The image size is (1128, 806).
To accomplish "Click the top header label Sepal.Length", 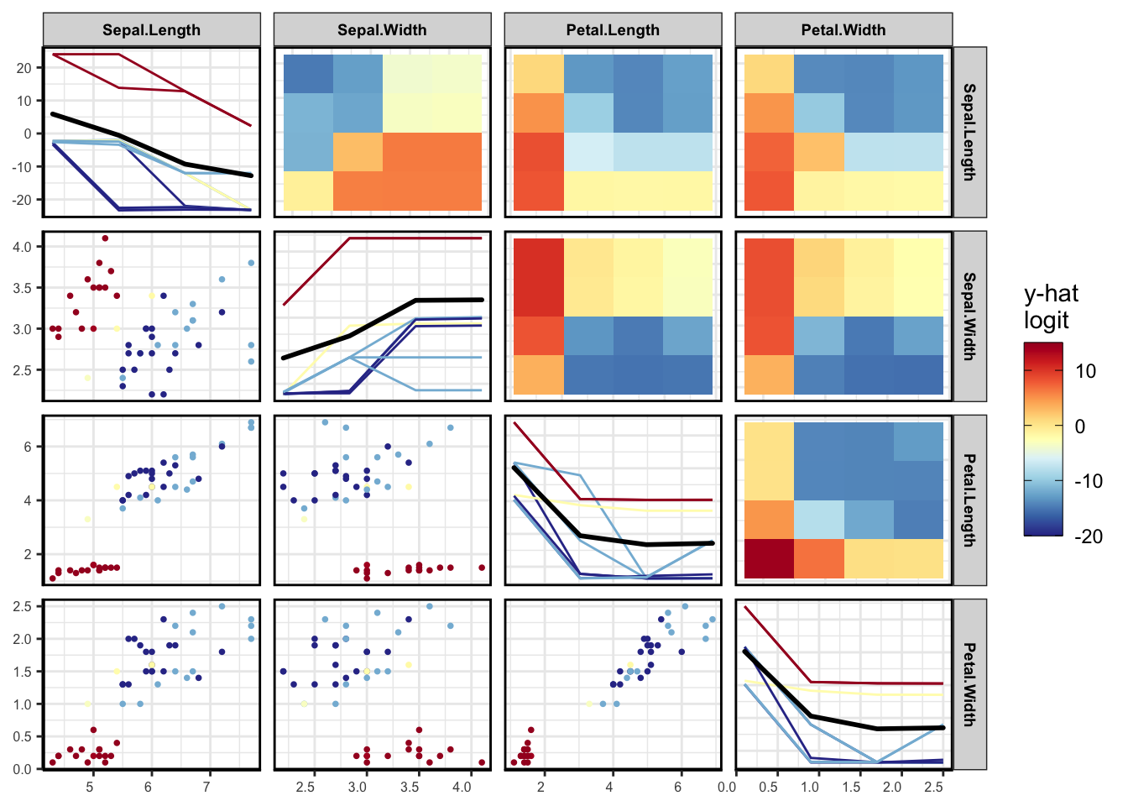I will [x=151, y=30].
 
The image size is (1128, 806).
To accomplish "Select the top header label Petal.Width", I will [x=843, y=30].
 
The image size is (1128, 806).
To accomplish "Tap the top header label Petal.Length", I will [x=613, y=30].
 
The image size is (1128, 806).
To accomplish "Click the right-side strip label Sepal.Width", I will [x=969, y=317].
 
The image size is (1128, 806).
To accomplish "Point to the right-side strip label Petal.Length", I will [x=969, y=500].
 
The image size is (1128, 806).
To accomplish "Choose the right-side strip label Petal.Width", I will [x=969, y=684].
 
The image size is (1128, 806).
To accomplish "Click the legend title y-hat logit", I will [x=1051, y=307].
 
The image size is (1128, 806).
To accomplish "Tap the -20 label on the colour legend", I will [x=1089, y=537].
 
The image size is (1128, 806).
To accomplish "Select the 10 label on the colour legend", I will [x=1085, y=371].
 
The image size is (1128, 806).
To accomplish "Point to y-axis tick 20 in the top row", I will [x=23, y=68].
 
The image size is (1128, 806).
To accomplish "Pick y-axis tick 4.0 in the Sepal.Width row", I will [x=21, y=247].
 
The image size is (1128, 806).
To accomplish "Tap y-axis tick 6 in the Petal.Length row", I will [x=28, y=447].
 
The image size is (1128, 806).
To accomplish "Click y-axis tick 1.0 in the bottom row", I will [x=21, y=704].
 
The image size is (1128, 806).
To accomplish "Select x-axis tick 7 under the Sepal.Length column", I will [x=207, y=788].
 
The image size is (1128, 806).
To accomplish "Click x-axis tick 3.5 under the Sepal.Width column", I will [x=410, y=788].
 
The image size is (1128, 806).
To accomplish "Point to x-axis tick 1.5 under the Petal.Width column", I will [x=851, y=788].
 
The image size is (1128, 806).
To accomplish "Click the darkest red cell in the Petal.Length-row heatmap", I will [x=769, y=558].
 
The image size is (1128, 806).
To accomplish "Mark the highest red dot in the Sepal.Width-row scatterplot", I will [x=105, y=238].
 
